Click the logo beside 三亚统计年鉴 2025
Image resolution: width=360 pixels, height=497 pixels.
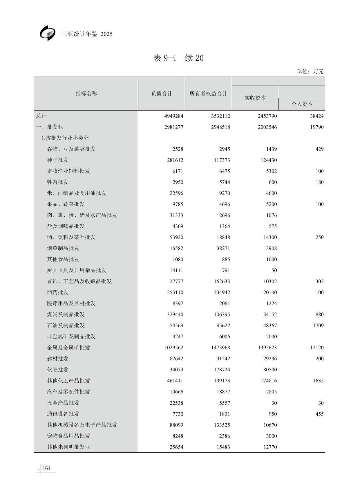pyautogui.click(x=48, y=33)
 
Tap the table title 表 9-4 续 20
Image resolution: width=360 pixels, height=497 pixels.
pyautogui.click(x=178, y=58)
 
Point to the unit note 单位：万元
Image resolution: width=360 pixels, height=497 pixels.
pyautogui.click(x=310, y=71)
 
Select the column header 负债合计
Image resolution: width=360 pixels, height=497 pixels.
pyautogui.click(x=162, y=93)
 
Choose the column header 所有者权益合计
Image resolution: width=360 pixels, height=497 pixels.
pyautogui.click(x=208, y=93)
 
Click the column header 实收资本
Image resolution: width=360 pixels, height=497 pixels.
pyautogui.click(x=255, y=98)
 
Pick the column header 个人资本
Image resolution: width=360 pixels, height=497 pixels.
pyautogui.click(x=302, y=104)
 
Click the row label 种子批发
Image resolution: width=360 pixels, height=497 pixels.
pyautogui.click(x=58, y=160)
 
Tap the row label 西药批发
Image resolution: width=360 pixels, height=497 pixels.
pyautogui.click(x=58, y=292)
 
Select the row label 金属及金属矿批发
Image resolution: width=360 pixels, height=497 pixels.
pyautogui.click(x=68, y=348)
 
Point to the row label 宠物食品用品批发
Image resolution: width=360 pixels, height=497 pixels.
pyautogui.click(x=68, y=436)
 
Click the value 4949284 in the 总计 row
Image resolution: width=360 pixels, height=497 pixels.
pyautogui.click(x=173, y=116)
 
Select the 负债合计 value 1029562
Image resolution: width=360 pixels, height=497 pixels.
pyautogui.click(x=173, y=348)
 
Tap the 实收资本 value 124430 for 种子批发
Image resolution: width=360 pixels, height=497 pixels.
pyautogui.click(x=269, y=160)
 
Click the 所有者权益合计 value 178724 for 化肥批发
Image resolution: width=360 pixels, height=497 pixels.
pyautogui.click(x=222, y=370)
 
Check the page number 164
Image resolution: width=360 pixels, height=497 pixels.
pyautogui.click(x=46, y=468)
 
